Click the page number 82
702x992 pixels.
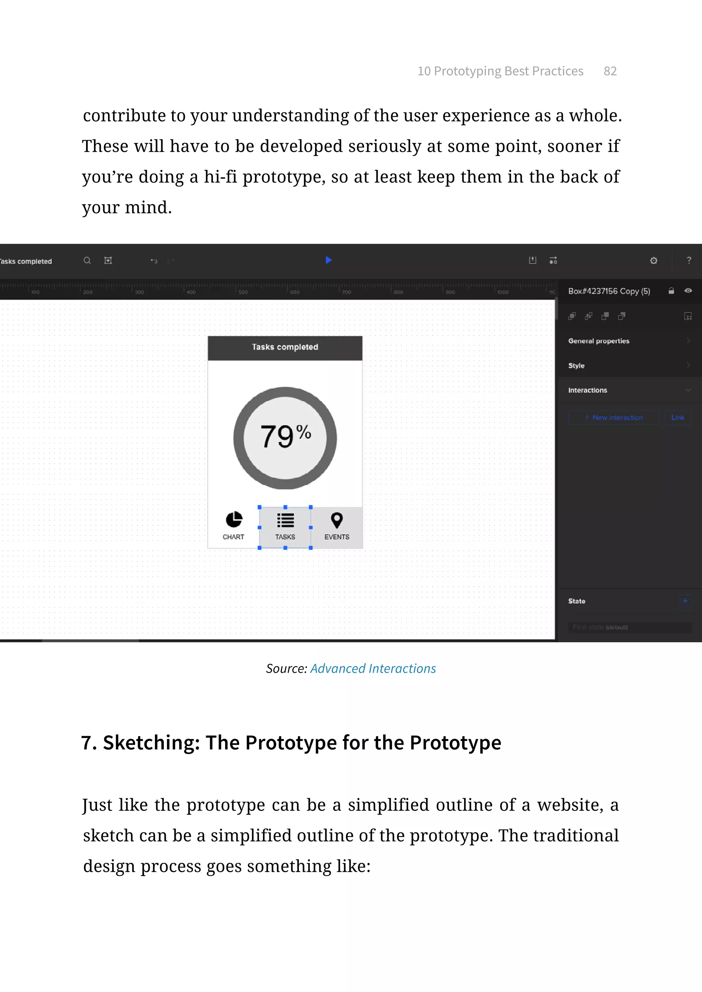point(610,71)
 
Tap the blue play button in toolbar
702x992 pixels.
point(328,260)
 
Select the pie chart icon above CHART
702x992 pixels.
point(234,520)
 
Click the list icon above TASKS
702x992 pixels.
point(285,520)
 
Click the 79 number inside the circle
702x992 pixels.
point(277,437)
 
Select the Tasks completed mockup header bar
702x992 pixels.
point(285,347)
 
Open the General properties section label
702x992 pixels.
point(599,341)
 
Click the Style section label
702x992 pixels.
point(576,365)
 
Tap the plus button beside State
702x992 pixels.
point(685,601)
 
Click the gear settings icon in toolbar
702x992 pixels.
point(654,261)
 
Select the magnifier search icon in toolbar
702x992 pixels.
point(87,261)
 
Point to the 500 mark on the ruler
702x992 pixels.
point(243,292)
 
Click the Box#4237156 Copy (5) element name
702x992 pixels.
point(609,291)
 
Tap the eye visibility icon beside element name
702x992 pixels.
point(688,291)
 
